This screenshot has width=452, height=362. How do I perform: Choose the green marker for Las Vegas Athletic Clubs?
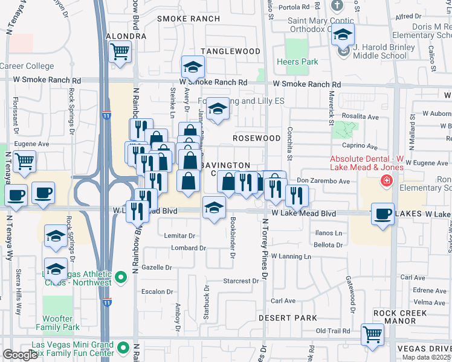[121, 278]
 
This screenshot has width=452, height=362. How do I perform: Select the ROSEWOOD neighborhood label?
[257, 138]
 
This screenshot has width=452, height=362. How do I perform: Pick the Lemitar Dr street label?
[180, 236]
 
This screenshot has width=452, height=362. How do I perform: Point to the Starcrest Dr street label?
[241, 281]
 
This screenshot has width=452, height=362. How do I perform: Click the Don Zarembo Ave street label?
[323, 181]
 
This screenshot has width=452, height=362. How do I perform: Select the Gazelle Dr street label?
[156, 267]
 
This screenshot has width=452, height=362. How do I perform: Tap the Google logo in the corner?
[20, 355]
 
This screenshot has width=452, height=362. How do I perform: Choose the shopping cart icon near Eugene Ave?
[25, 161]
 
